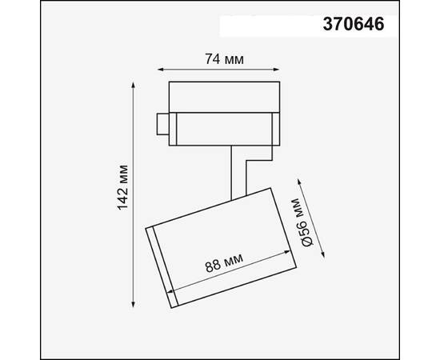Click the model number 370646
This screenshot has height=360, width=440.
click(x=352, y=25)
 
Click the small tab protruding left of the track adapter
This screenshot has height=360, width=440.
click(x=163, y=124)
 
